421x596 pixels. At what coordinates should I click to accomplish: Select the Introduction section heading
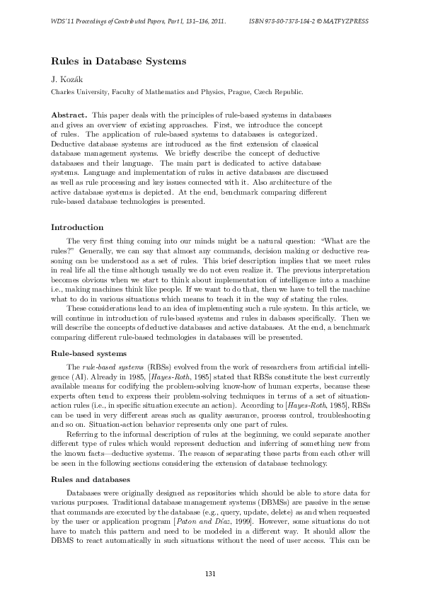[78, 227]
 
